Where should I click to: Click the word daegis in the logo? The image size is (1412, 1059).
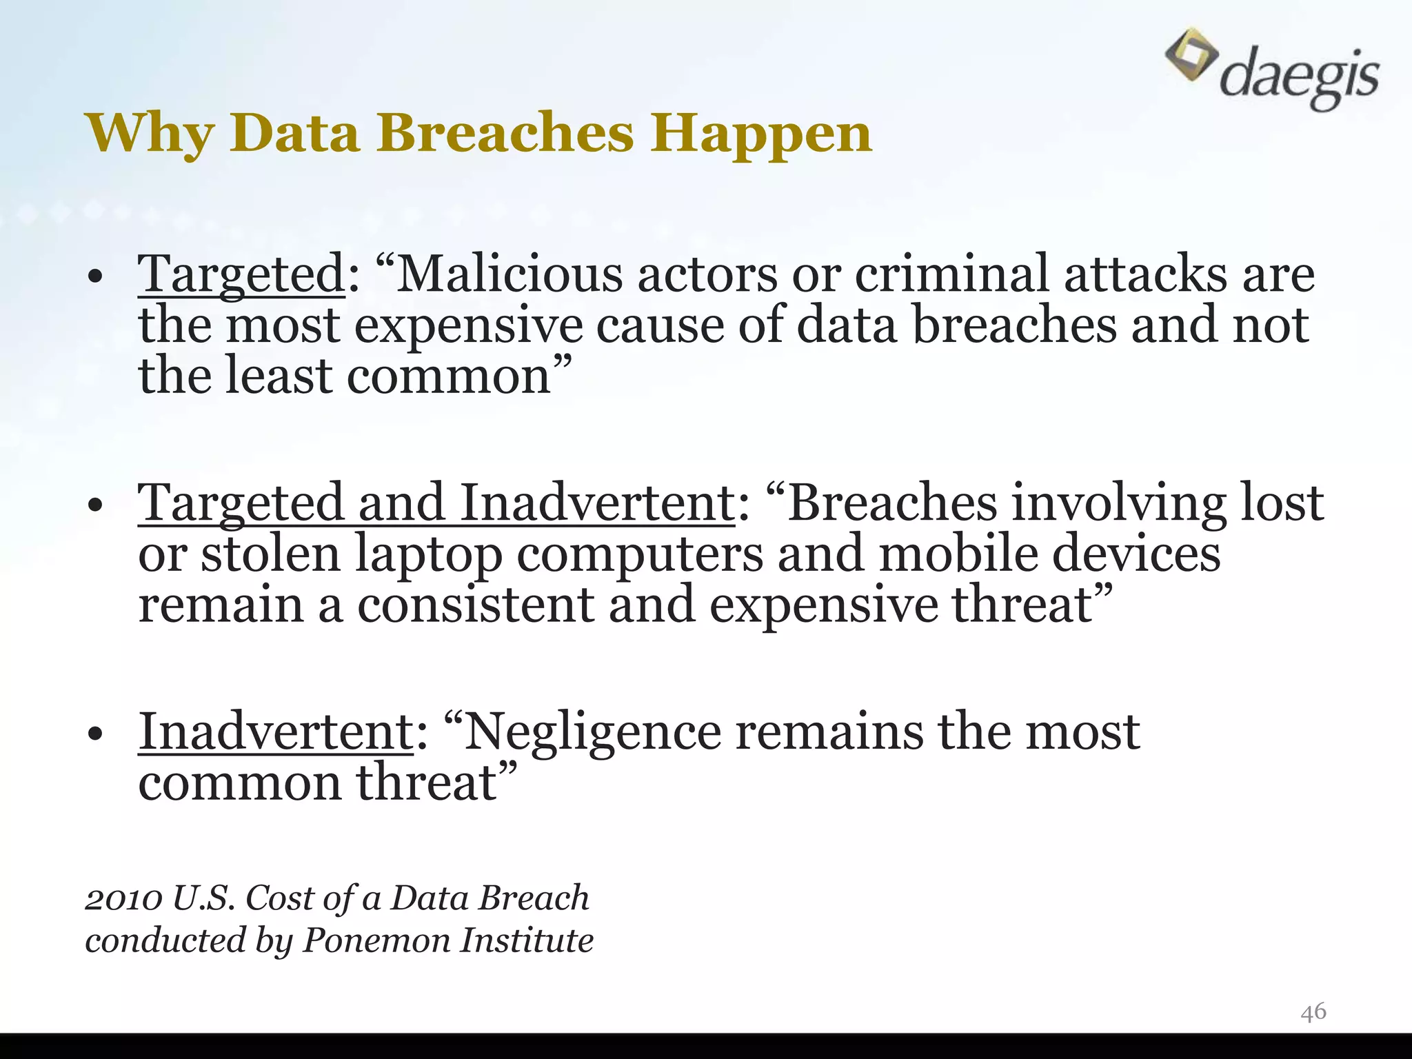1300,78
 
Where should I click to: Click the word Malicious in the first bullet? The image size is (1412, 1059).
510,274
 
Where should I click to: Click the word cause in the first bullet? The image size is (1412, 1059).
660,325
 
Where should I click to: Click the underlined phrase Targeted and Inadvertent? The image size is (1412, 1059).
436,503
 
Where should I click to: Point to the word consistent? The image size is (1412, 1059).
475,605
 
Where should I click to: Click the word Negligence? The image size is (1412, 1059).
592,732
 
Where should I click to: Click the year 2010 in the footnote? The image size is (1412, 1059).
123,898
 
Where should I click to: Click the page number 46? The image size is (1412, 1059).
1313,1011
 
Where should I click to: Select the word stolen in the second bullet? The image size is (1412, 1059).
270,554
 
